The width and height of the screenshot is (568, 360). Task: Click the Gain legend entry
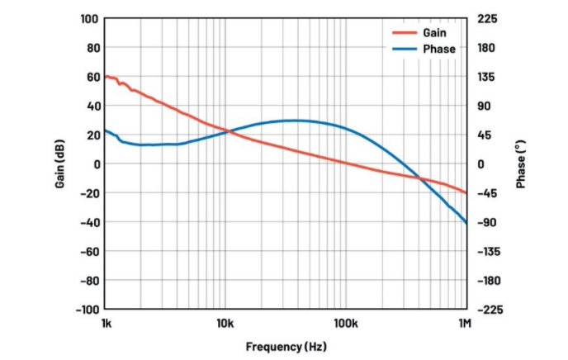pos(434,32)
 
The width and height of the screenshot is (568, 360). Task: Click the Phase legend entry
pos(438,49)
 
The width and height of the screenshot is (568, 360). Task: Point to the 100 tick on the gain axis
pos(90,19)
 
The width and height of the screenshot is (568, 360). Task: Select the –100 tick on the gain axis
pos(87,310)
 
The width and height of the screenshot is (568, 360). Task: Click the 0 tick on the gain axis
pos(96,164)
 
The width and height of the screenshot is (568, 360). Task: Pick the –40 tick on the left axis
pos(89,222)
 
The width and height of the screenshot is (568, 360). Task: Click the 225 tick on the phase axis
pos(485,19)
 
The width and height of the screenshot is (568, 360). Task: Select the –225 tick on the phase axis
pos(487,310)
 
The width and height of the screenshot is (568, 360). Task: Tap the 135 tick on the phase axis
pos(485,77)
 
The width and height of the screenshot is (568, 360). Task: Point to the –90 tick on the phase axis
pos(485,222)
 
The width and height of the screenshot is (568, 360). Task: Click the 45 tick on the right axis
pos(483,135)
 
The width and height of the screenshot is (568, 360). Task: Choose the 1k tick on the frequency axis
pos(106,323)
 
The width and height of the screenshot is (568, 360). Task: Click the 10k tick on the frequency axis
pos(225,323)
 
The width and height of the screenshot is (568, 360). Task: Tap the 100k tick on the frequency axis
pos(345,323)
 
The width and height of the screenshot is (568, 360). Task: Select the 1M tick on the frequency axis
pos(464,323)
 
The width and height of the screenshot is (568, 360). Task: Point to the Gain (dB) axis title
pos(60,164)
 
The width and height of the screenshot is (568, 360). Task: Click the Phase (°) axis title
pos(521,164)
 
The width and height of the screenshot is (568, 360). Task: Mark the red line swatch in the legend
pos(404,32)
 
